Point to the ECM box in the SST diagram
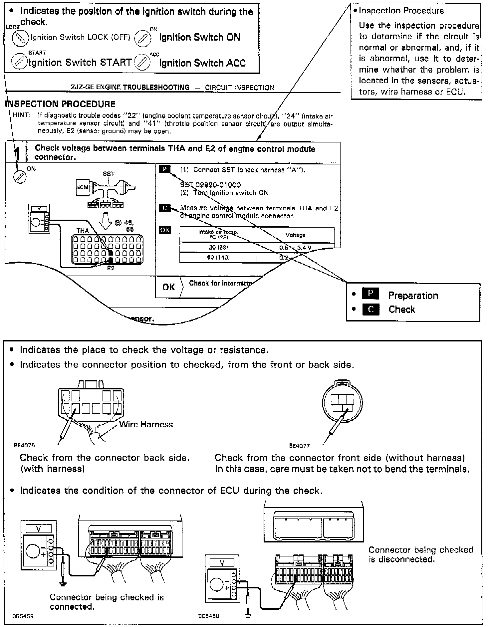coord(83,187)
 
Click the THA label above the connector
coord(83,231)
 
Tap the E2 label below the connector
coord(111,268)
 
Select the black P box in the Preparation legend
coord(370,294)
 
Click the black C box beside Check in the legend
coord(370,309)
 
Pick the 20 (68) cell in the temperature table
coord(218,248)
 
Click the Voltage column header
coord(295,235)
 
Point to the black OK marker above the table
coord(165,230)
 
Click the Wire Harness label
coord(146,424)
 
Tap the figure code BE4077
coord(300,446)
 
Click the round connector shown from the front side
coord(342,403)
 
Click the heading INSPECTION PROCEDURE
coord(60,104)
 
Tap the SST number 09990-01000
coord(210,185)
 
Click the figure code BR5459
coord(23,616)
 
